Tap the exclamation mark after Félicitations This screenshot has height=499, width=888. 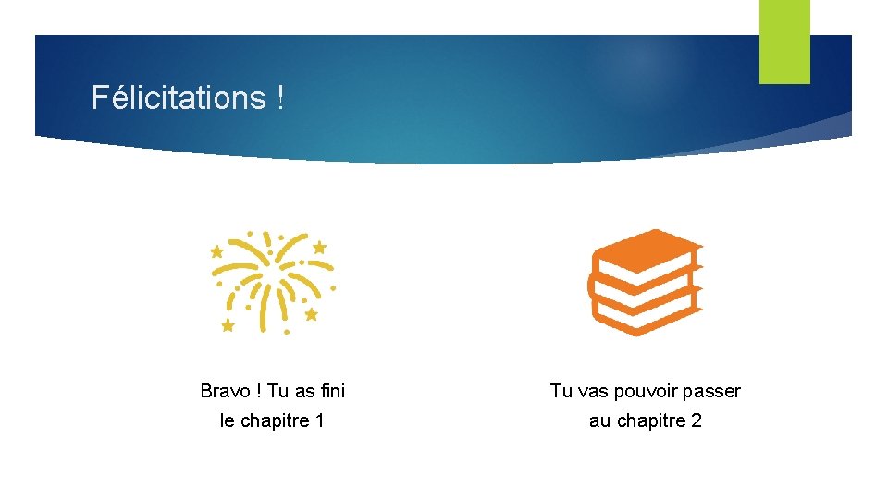[x=280, y=98]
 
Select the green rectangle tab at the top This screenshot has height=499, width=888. [x=784, y=41]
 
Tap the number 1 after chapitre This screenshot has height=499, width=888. [x=319, y=420]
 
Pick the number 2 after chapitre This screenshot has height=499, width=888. [x=697, y=420]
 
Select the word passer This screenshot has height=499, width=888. [x=714, y=391]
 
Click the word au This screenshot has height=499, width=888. [x=599, y=420]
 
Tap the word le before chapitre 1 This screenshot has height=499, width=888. [x=228, y=420]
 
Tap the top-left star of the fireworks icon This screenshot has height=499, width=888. [x=217, y=250]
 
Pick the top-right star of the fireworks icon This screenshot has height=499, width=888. [x=319, y=247]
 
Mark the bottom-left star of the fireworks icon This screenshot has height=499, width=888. [x=228, y=324]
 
